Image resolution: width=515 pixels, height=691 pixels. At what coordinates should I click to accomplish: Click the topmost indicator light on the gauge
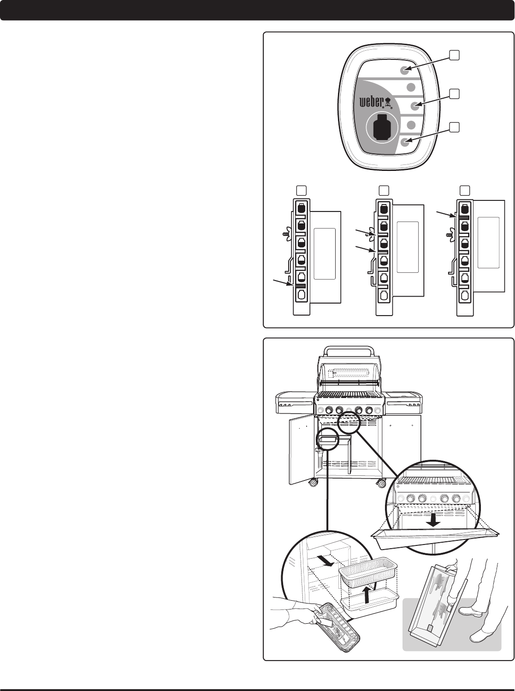[404, 70]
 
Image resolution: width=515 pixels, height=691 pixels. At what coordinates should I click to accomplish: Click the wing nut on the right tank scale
[448, 235]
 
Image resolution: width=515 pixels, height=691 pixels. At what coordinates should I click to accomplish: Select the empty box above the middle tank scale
[383, 189]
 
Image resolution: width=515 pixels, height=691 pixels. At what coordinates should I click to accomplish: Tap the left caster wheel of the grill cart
[313, 483]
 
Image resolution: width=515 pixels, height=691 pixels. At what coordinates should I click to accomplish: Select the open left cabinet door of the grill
[299, 450]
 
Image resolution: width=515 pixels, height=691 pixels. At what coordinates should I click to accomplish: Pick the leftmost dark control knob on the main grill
[330, 410]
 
